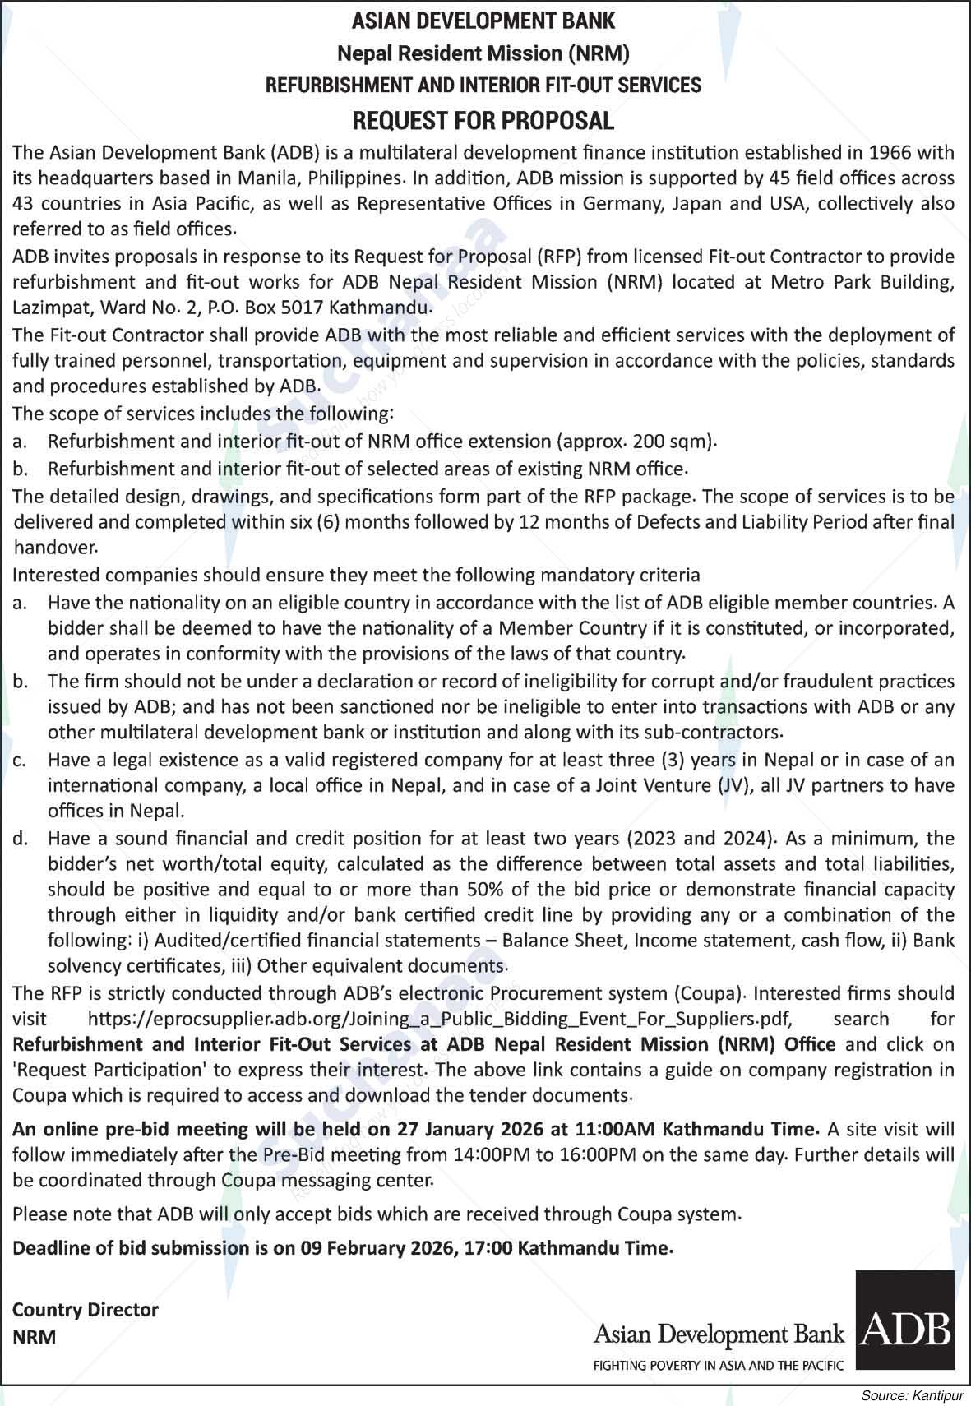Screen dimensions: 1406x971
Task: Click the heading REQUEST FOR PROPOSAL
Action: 483,121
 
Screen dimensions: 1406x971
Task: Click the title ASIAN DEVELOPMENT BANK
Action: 483,21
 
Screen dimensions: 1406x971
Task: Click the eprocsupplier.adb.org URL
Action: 439,1020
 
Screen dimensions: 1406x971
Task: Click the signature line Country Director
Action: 86,1310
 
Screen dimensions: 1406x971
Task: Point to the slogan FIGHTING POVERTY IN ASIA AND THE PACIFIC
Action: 719,1367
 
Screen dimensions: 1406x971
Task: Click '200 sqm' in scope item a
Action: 667,442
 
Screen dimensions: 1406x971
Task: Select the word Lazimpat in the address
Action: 47,308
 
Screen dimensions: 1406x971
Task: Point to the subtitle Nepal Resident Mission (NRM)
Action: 483,53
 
